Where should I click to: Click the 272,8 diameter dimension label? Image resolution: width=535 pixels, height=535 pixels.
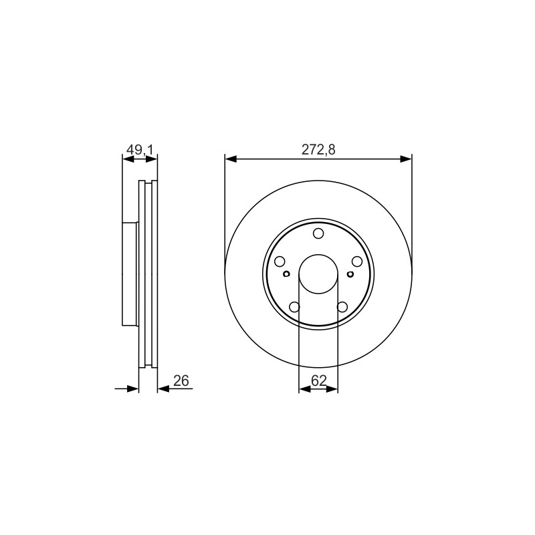(318, 149)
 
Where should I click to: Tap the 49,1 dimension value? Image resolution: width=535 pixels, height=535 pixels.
(140, 149)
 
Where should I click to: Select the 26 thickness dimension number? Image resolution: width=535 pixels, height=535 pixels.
(181, 381)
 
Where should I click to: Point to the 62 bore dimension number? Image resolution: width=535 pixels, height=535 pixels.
(319, 381)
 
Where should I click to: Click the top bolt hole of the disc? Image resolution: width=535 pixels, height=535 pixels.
(318, 233)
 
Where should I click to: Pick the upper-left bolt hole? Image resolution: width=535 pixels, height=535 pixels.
(280, 261)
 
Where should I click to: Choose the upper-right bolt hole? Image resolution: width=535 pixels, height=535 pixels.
(357, 261)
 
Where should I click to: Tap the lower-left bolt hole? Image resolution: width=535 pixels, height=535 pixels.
(294, 307)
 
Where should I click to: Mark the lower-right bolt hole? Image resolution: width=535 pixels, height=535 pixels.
(342, 307)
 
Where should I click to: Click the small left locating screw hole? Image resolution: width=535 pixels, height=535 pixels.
(287, 274)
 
